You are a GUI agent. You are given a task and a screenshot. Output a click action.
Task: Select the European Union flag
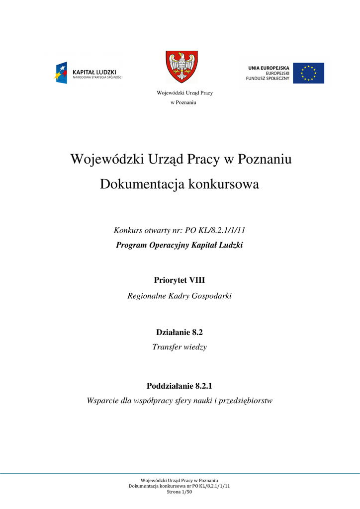click(x=308, y=73)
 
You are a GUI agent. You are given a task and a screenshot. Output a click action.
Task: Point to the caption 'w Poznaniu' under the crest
click(x=183, y=102)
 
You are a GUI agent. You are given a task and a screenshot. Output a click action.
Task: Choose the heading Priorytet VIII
click(x=180, y=281)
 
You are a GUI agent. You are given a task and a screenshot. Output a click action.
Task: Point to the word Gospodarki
click(x=212, y=296)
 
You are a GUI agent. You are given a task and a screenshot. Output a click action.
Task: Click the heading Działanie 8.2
click(x=180, y=332)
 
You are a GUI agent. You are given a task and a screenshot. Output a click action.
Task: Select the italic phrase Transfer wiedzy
click(x=180, y=347)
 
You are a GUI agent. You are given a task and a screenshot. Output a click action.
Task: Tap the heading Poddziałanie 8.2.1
click(x=180, y=386)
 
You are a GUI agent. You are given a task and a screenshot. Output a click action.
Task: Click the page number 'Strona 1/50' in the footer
click(x=180, y=492)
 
